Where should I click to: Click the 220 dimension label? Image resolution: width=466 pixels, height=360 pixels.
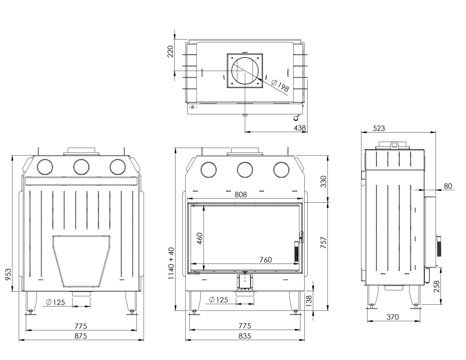tap(170, 53)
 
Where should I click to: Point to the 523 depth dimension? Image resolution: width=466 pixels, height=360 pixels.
tap(379, 128)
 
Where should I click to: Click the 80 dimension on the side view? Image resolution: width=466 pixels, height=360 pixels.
tap(448, 186)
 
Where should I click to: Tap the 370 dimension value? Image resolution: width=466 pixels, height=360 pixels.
tap(392, 317)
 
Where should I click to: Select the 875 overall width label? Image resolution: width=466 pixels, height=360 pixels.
tap(81, 336)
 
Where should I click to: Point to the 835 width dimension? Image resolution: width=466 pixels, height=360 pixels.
tap(245, 336)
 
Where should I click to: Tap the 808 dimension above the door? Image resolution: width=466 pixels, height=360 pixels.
tap(241, 194)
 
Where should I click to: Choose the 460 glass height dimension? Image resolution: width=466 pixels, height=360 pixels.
tap(199, 239)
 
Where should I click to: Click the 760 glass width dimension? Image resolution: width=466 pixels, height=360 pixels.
tap(265, 260)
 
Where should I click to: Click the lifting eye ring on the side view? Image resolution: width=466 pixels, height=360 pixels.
tap(394, 145)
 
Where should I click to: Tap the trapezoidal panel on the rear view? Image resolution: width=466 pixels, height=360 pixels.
tap(82, 260)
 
